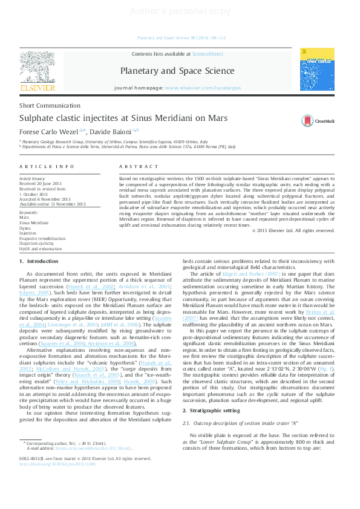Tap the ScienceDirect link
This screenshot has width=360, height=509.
click(x=208, y=54)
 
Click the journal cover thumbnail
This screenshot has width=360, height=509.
click(x=321, y=71)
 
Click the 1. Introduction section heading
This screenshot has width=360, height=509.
click(x=39, y=261)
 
